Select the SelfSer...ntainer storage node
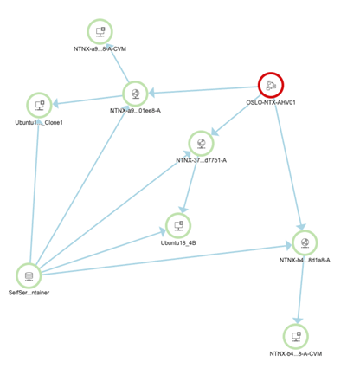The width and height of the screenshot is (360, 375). tap(29, 275)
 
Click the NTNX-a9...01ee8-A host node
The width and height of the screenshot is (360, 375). tap(135, 94)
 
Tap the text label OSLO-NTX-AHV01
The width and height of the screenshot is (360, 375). tap(271, 102)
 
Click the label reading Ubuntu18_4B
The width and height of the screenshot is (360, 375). tap(178, 243)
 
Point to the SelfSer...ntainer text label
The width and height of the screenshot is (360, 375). tap(29, 293)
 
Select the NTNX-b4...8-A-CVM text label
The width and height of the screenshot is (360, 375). tap(296, 354)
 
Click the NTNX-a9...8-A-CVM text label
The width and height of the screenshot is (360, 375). tap(100, 49)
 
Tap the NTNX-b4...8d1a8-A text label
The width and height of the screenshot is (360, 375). tap(305, 261)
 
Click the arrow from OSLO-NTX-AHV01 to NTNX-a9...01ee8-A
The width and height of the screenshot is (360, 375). tap(203, 90)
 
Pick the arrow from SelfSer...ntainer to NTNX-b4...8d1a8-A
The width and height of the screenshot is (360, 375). tap(166, 259)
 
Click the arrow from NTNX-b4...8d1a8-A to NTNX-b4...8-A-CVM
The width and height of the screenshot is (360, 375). tap(300, 290)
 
